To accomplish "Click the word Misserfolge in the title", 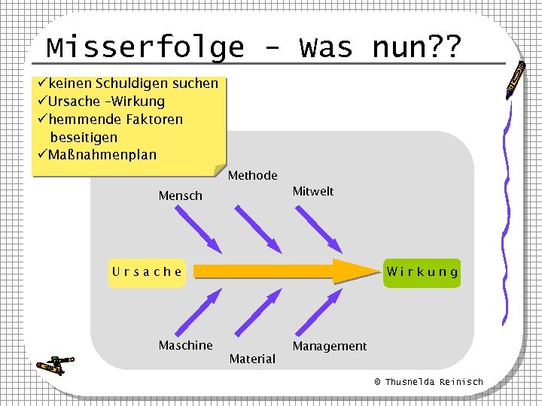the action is [x=145, y=47].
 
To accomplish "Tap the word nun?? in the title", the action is [x=416, y=47].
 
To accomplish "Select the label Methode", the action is [x=252, y=176].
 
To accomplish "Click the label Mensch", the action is [x=180, y=196].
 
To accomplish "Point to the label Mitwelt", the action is [x=312, y=192].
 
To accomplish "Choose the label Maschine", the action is [x=185, y=345].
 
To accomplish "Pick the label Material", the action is [x=252, y=359].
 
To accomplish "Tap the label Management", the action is [x=329, y=346].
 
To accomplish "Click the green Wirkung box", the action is [x=422, y=272].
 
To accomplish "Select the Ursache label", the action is [x=147, y=272].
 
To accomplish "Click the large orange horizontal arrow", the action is [x=286, y=271].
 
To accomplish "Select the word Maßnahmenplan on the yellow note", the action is [x=102, y=156].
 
